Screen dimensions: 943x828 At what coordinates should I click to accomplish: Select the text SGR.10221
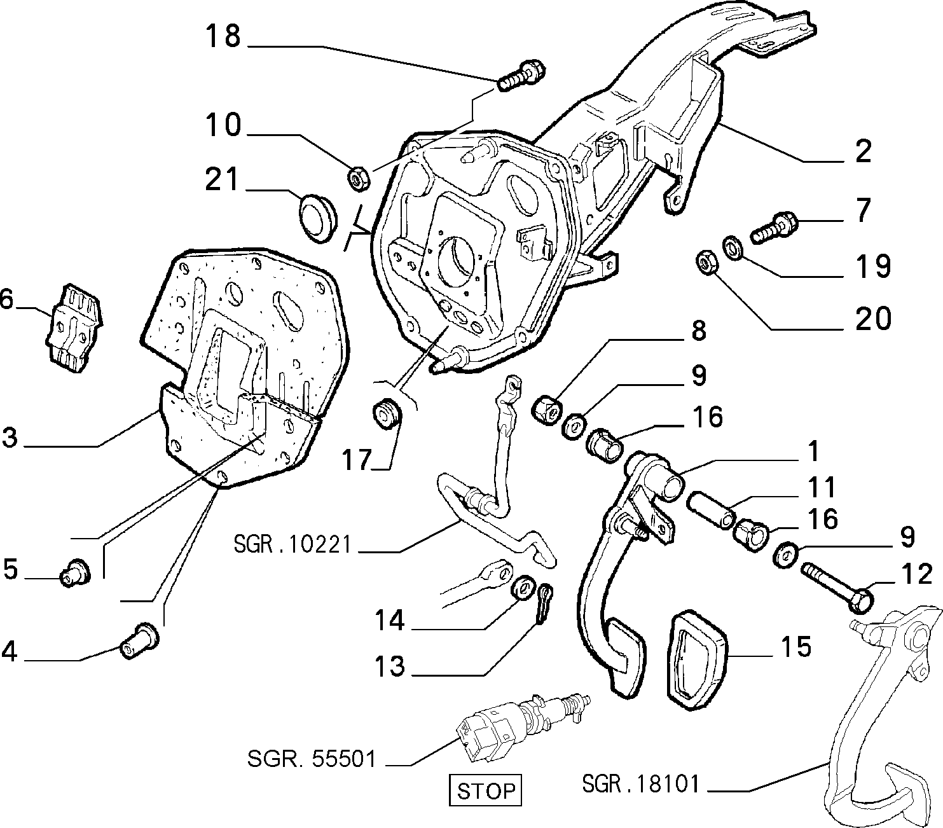(292, 544)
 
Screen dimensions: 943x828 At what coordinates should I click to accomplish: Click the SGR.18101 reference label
(641, 783)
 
